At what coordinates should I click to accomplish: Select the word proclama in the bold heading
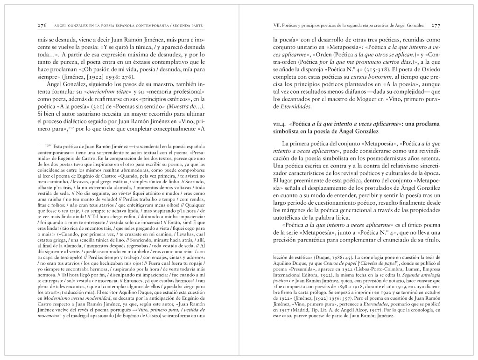(x=427, y=124)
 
